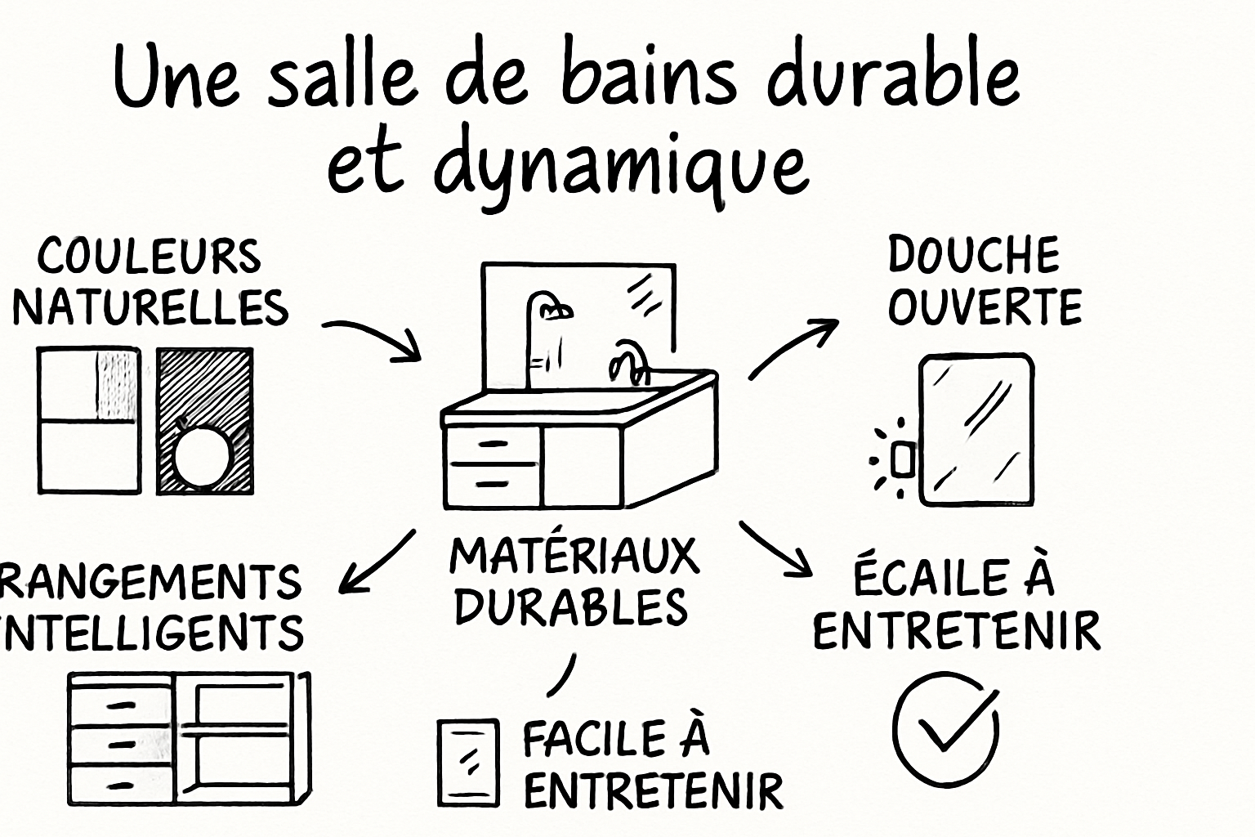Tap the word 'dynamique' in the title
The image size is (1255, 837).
click(621, 168)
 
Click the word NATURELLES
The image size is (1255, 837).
click(150, 308)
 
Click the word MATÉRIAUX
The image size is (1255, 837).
click(574, 557)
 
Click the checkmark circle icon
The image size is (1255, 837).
click(945, 727)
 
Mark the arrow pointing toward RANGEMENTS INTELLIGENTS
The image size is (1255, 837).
click(375, 562)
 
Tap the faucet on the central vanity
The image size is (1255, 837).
click(629, 360)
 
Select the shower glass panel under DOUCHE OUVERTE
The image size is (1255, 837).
click(976, 430)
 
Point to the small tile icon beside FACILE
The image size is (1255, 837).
click(468, 763)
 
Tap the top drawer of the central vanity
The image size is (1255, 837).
click(492, 444)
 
